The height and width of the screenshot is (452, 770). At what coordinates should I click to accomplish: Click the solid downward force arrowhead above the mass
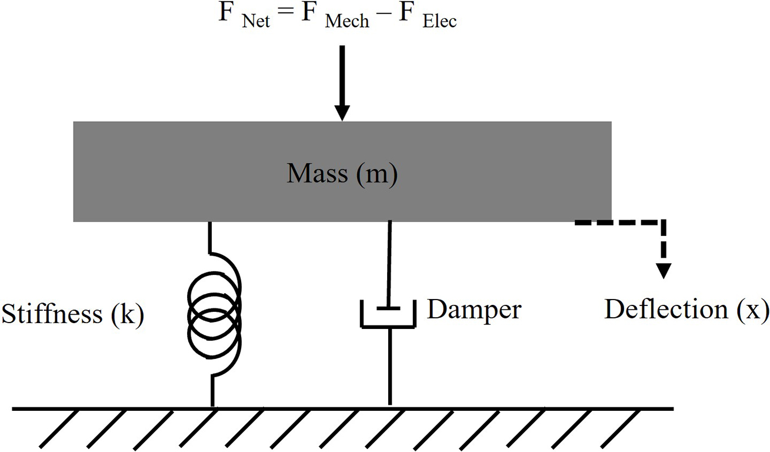point(342,112)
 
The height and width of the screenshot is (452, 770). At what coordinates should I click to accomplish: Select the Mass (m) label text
point(342,174)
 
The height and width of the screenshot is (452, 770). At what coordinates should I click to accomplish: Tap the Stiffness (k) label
point(72,314)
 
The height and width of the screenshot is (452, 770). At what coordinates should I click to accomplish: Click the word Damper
point(474,310)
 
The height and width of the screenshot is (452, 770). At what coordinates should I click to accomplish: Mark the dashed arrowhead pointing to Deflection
point(664,270)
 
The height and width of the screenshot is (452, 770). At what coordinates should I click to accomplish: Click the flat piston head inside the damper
point(389,308)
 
